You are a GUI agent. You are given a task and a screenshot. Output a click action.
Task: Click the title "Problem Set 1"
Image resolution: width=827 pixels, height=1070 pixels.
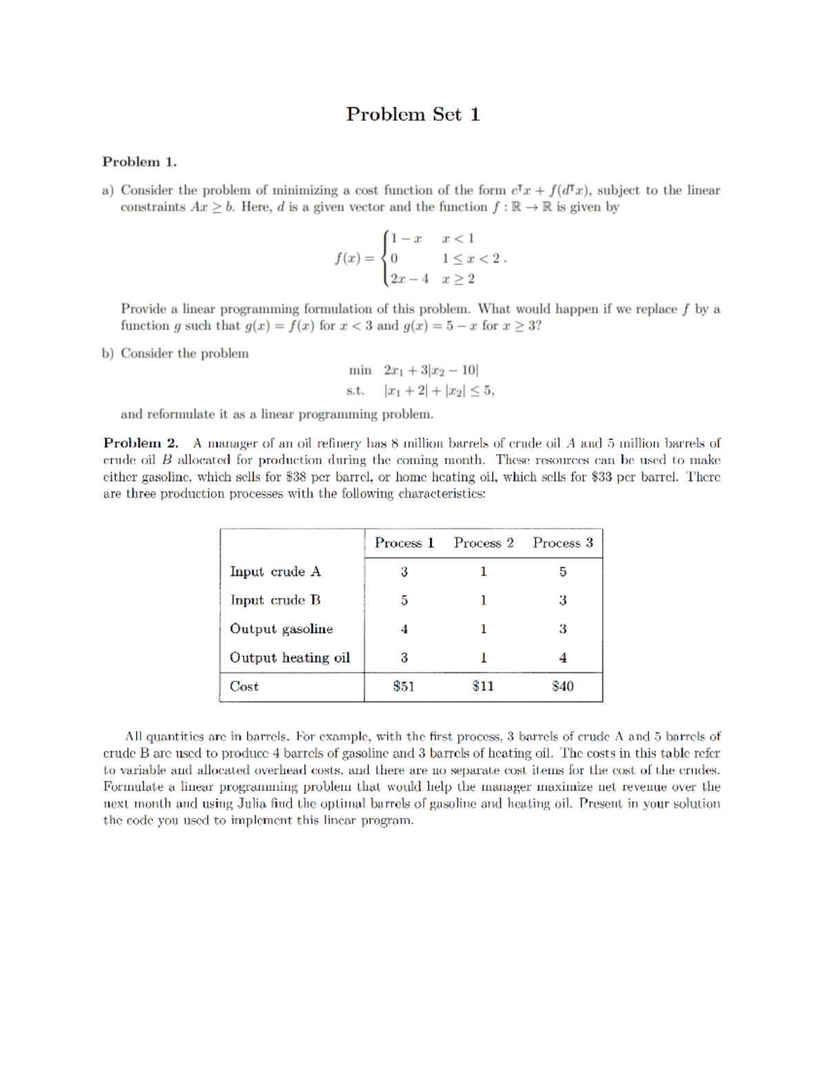pyautogui.click(x=413, y=114)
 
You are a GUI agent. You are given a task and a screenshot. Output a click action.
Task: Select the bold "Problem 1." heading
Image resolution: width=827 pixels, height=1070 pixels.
pyautogui.click(x=139, y=162)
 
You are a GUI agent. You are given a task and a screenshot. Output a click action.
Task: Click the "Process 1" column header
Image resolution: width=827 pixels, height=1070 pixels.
pyautogui.click(x=404, y=543)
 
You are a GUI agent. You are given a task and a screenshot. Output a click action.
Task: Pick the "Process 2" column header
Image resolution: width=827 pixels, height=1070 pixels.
pyautogui.click(x=483, y=543)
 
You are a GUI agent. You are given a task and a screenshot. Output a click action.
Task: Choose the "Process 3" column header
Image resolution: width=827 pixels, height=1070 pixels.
pyautogui.click(x=562, y=543)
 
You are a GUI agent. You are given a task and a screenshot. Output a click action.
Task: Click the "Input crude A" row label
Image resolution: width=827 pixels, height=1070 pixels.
pyautogui.click(x=275, y=572)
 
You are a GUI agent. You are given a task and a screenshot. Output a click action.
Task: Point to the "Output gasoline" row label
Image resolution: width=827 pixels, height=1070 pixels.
pyautogui.click(x=281, y=629)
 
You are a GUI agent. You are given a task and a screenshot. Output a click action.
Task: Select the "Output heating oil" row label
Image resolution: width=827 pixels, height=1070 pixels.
pyautogui.click(x=289, y=658)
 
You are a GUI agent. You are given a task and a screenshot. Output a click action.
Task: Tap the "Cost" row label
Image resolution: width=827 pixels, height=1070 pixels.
pyautogui.click(x=244, y=687)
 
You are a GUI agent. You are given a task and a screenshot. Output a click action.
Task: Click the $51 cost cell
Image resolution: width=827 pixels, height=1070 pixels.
pyautogui.click(x=404, y=686)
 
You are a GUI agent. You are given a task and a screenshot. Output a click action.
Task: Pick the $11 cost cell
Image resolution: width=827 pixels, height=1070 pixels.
pyautogui.click(x=483, y=686)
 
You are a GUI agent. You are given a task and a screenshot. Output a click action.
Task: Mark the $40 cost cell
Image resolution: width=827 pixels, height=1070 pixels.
pyautogui.click(x=562, y=686)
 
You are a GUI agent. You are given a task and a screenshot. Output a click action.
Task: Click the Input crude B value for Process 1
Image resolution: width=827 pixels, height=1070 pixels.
pyautogui.click(x=404, y=600)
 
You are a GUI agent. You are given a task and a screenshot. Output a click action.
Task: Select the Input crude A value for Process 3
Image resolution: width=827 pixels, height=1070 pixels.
pyautogui.click(x=562, y=572)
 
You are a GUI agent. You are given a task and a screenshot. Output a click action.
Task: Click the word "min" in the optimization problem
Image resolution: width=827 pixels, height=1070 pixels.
pyautogui.click(x=360, y=371)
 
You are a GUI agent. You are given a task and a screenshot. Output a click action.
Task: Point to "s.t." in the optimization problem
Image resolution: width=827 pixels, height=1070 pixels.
pyautogui.click(x=355, y=391)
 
